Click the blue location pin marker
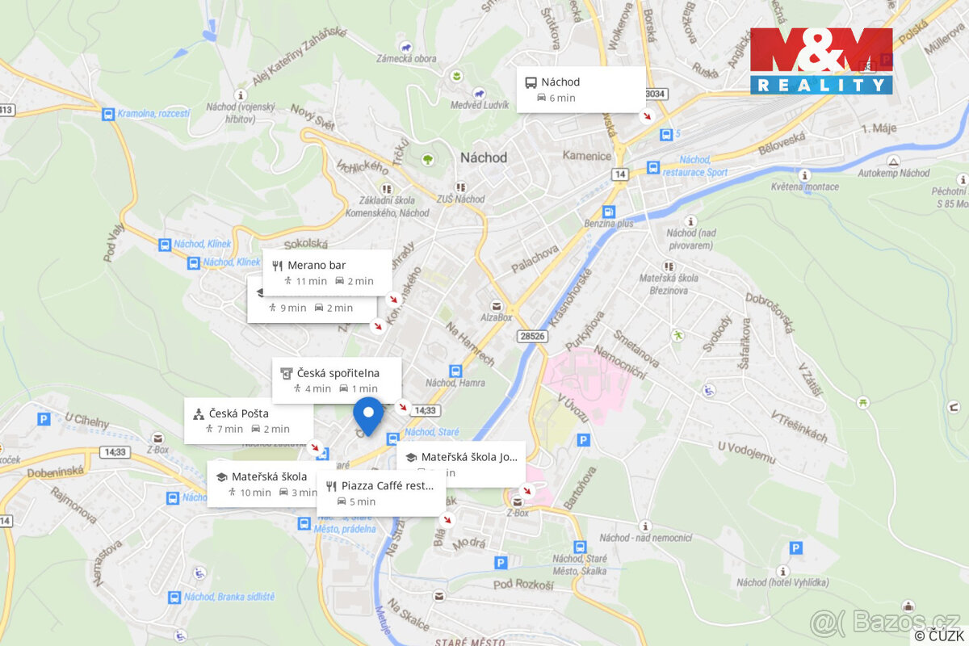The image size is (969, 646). [x=368, y=415]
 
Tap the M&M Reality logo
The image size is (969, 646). [x=821, y=61]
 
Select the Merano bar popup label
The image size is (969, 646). [x=327, y=272]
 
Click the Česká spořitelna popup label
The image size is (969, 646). [x=337, y=380]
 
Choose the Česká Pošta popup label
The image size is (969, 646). [x=248, y=420]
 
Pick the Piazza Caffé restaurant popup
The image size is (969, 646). [x=380, y=493]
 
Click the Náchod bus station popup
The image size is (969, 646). [x=581, y=89]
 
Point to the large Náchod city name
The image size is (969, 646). [x=484, y=157]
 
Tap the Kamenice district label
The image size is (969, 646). [x=587, y=155]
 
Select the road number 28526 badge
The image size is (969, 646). [x=534, y=336]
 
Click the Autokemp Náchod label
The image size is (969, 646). [x=893, y=173]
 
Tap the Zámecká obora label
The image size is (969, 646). [x=406, y=59]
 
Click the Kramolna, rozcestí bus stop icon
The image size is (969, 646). [x=107, y=114]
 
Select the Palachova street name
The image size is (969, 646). [x=535, y=259]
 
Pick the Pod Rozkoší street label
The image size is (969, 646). [x=523, y=585]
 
